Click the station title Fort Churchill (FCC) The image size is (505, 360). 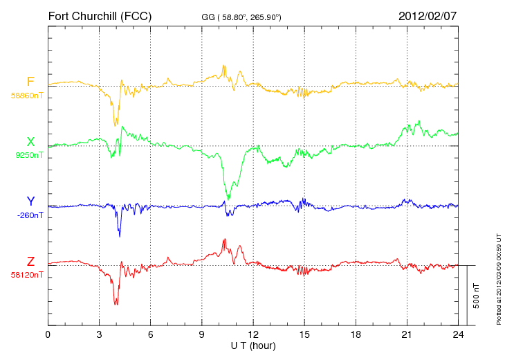click(100, 16)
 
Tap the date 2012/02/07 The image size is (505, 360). click(428, 16)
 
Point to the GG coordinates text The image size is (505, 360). click(241, 17)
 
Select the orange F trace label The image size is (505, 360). click(30, 82)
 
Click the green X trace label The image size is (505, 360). click(30, 142)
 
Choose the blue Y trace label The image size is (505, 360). click(30, 201)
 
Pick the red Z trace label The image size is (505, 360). click(30, 261)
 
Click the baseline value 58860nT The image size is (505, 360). click(27, 96)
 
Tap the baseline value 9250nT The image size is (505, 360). click(29, 155)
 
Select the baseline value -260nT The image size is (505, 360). click(30, 215)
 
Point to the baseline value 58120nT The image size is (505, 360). click(27, 275)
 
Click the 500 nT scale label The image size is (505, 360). click(476, 296)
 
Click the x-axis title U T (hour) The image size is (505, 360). click(253, 346)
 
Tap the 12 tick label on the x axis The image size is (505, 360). click(253, 334)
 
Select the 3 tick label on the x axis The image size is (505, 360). click(99, 334)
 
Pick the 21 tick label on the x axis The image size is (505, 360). click(407, 334)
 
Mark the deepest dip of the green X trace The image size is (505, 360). click(228, 199)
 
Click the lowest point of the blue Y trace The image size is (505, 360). click(120, 236)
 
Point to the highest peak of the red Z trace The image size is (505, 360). click(224, 239)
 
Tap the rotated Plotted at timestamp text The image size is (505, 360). click(499, 279)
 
